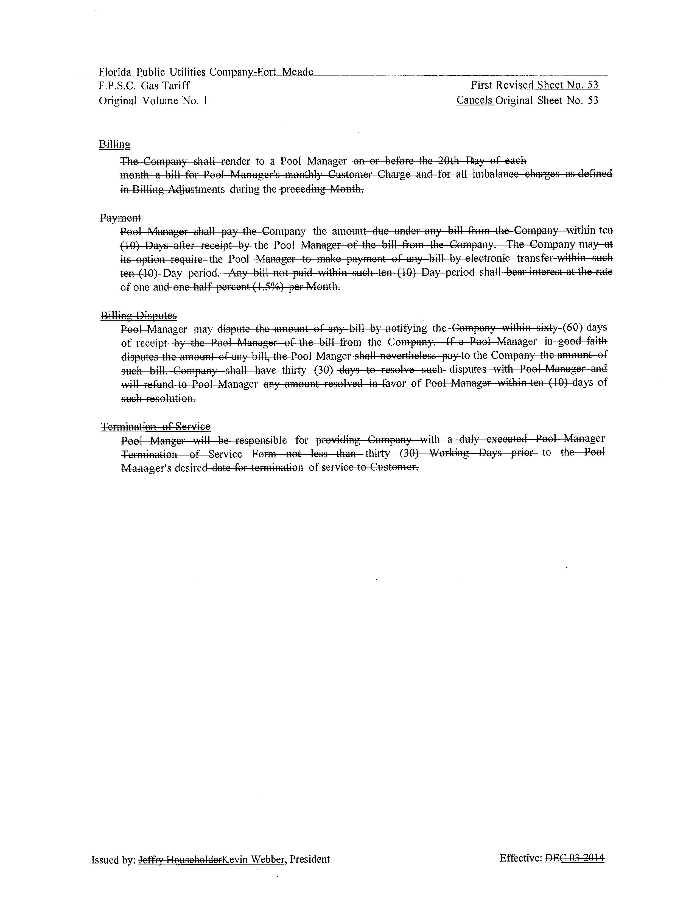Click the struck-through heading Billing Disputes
(139, 316)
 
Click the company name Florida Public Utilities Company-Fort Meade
(206, 72)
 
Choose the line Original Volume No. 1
(153, 101)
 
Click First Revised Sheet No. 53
(534, 85)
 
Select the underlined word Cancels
(475, 100)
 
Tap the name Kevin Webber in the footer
(253, 859)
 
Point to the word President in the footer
(310, 859)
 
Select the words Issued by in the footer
(113, 860)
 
